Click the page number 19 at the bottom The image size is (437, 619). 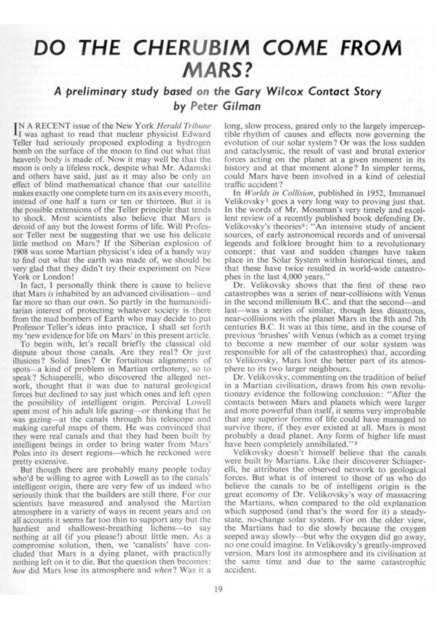(x=218, y=590)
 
